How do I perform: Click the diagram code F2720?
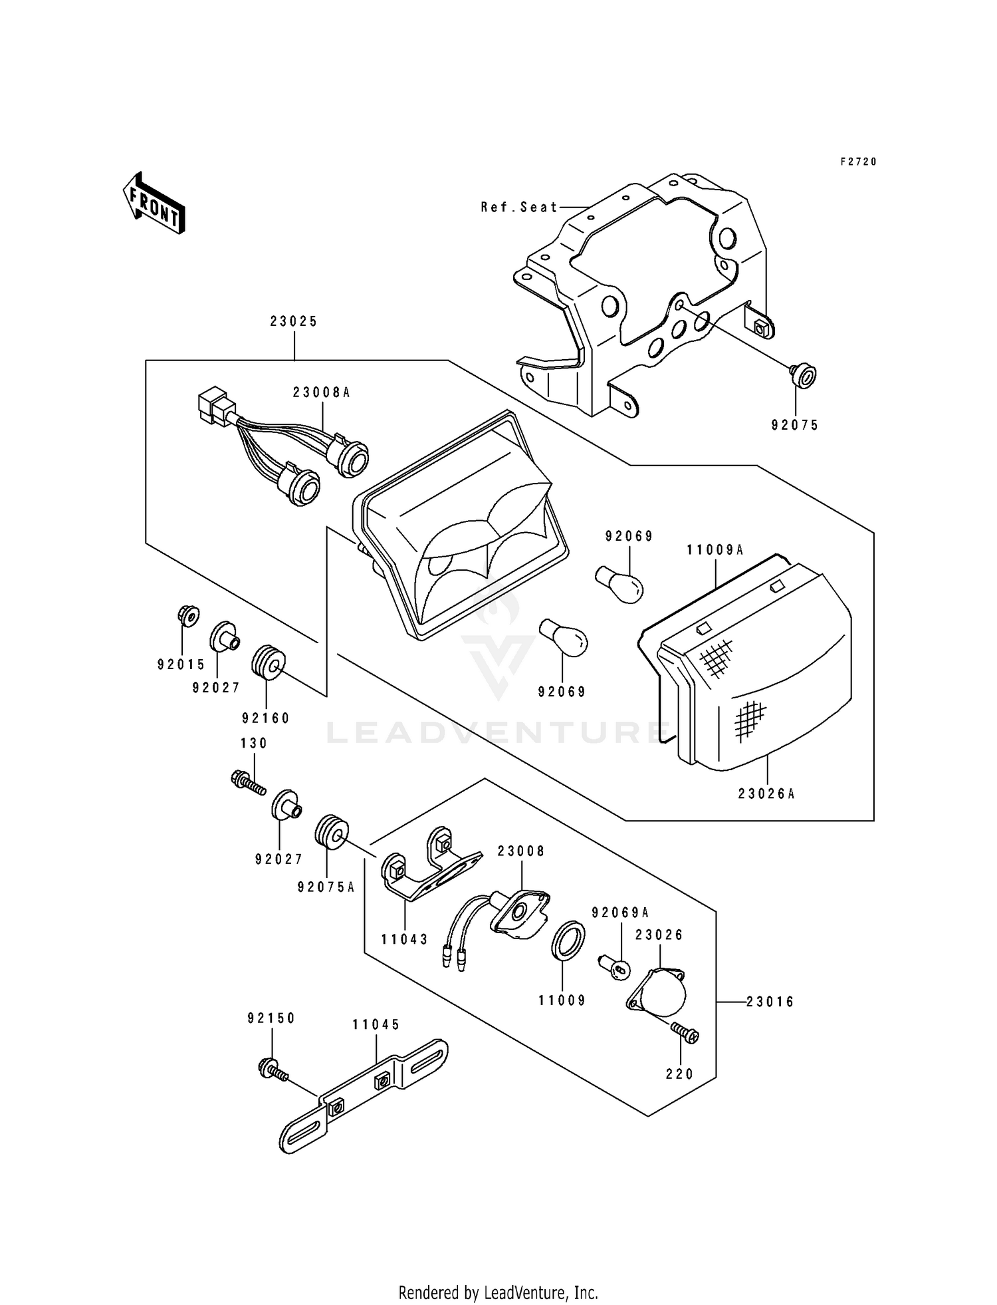[x=858, y=162]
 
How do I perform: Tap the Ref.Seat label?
[x=519, y=208]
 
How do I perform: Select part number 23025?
[x=294, y=321]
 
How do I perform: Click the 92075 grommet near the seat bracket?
[x=804, y=376]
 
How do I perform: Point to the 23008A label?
[x=321, y=393]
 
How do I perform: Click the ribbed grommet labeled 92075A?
[x=330, y=832]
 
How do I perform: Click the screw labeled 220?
[x=685, y=1033]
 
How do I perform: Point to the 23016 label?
[x=770, y=1002]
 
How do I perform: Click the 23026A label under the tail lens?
[x=766, y=794]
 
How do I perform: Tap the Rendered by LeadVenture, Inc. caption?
[x=498, y=1292]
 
